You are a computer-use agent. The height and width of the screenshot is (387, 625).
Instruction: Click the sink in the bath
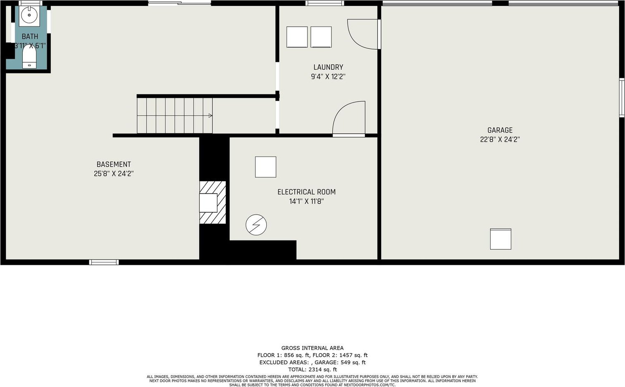coord(29,15)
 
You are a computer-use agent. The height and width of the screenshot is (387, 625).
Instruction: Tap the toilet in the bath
coord(29,57)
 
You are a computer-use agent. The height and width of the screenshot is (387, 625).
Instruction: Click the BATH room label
coord(30,36)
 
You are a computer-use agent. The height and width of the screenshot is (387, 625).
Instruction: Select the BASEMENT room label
coord(114,164)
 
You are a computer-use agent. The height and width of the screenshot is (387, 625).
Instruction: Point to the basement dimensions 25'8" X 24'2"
coord(114,174)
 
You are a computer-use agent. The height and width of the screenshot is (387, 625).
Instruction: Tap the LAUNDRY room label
coord(328,67)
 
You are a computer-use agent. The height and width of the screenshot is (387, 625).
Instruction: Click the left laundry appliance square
coord(297,37)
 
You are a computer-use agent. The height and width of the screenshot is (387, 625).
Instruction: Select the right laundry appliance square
coord(321,37)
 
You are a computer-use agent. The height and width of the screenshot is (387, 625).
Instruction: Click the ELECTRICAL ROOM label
coord(306,192)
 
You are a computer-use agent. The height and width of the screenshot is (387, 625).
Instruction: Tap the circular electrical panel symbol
coord(256,225)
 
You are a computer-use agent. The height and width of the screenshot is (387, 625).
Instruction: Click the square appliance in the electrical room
coord(266,167)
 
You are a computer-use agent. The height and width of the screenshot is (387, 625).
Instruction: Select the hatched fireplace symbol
coord(212,203)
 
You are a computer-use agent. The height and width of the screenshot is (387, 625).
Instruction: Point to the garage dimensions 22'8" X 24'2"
coord(500,139)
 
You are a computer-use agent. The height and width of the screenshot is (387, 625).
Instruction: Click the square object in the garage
coord(501,239)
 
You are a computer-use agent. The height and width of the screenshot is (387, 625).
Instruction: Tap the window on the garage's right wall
coord(622,97)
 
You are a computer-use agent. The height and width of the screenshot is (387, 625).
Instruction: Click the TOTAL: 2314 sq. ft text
coord(312,370)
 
